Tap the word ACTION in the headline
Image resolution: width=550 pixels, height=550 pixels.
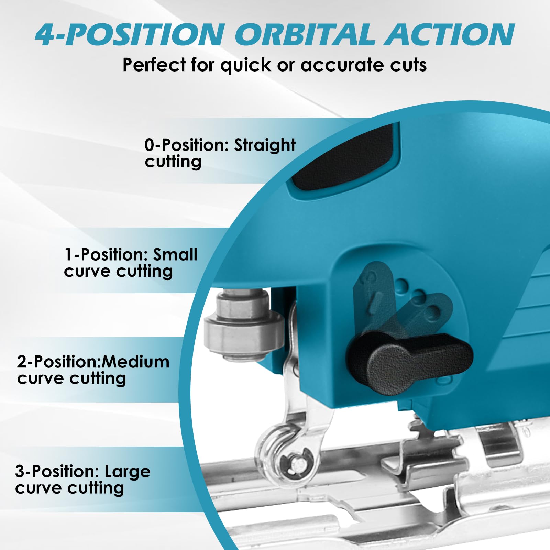point(450,34)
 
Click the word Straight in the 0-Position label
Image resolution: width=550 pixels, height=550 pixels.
point(265,145)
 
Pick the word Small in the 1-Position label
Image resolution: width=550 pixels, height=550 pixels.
point(175,255)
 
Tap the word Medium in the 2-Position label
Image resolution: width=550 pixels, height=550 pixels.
point(135,362)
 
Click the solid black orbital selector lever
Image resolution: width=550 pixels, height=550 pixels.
point(409,363)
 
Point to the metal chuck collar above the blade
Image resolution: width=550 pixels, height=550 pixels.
point(244,325)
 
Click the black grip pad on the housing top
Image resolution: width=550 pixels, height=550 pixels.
point(344,158)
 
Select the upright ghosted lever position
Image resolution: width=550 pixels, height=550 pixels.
point(375,296)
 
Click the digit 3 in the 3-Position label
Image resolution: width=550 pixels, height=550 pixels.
point(20,471)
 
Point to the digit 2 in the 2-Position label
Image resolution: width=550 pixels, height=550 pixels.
point(22,362)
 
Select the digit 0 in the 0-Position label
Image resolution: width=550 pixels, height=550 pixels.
point(150,145)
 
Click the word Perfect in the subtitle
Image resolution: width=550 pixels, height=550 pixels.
point(154,65)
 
